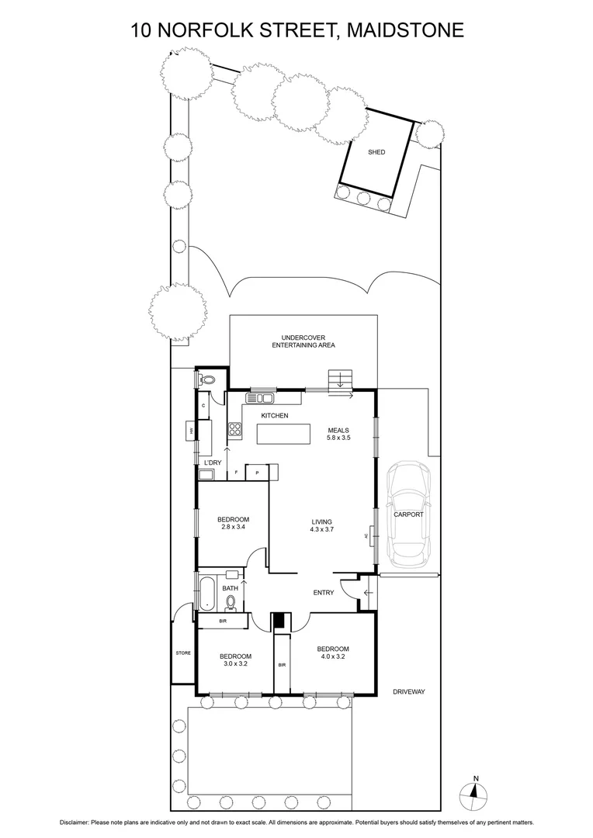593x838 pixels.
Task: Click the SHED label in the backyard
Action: (376, 153)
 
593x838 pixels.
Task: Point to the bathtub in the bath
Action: (207, 594)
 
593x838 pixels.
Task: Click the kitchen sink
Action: (259, 399)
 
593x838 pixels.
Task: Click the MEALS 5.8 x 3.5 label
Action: (338, 435)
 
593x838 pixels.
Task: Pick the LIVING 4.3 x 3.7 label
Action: (322, 527)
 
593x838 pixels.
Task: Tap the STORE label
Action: (183, 653)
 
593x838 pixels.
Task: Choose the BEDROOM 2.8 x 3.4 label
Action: (233, 524)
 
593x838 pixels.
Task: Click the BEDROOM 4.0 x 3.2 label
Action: (332, 653)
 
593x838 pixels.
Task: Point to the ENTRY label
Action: (324, 593)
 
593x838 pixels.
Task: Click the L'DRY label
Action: (211, 463)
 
